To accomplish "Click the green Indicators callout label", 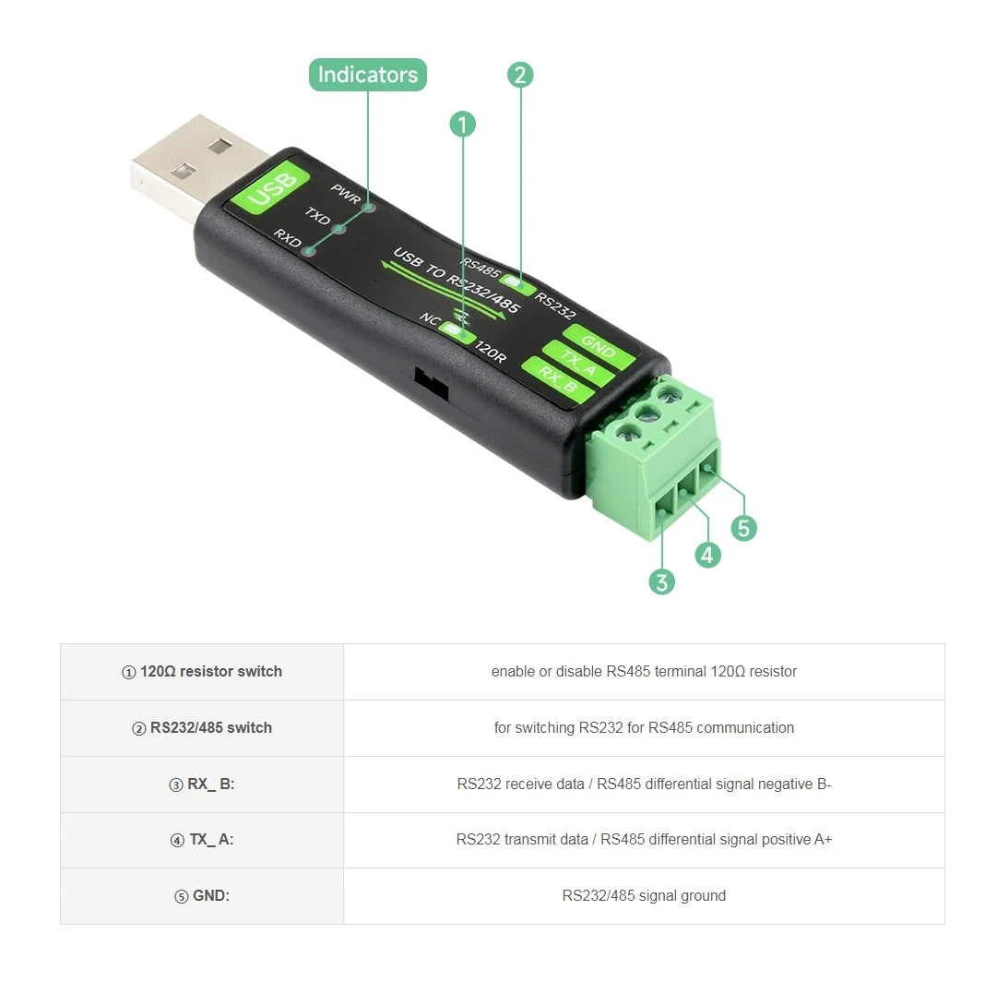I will pos(367,75).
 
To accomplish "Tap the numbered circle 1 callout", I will pos(462,124).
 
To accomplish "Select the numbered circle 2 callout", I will pos(520,75).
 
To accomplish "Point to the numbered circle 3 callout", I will pos(661,581).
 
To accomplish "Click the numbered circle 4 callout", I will pos(707,555).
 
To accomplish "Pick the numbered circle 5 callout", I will pos(743,528).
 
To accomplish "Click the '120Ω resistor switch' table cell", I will pos(202,672).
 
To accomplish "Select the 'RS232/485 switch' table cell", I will pos(202,728).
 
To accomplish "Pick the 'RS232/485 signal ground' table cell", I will pos(644,896).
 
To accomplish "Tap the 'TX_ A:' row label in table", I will pos(202,840).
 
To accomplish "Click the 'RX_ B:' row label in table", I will pos(202,784).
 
